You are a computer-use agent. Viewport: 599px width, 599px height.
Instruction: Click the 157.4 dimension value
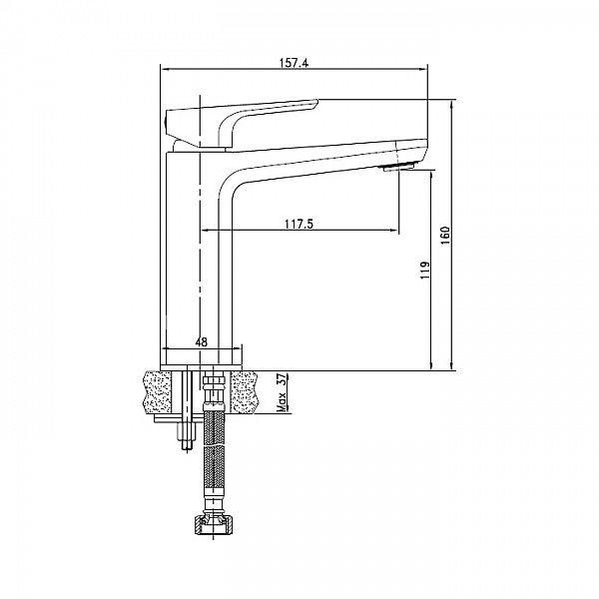click(294, 63)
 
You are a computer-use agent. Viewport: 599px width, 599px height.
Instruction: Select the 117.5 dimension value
click(299, 224)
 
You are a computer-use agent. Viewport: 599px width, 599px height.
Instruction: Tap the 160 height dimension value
click(446, 236)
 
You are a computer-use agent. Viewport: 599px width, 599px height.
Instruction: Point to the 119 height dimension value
click(425, 271)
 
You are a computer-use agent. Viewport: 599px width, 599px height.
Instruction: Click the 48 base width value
click(202, 341)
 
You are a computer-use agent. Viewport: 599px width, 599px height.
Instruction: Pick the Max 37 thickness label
click(282, 392)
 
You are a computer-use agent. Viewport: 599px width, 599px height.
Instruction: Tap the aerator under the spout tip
click(399, 167)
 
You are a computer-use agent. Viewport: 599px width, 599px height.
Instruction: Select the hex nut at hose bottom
click(213, 525)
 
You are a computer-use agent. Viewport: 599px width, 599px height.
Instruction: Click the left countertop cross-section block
click(157, 392)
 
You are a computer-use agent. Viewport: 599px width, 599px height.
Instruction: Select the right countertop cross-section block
click(246, 392)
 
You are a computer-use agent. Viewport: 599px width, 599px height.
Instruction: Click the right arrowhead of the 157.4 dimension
click(422, 69)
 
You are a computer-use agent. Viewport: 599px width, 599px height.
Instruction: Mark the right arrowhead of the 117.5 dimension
click(393, 230)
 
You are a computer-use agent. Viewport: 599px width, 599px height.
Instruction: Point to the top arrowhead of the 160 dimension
click(451, 105)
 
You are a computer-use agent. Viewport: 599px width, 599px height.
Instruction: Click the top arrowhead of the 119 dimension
click(431, 176)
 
